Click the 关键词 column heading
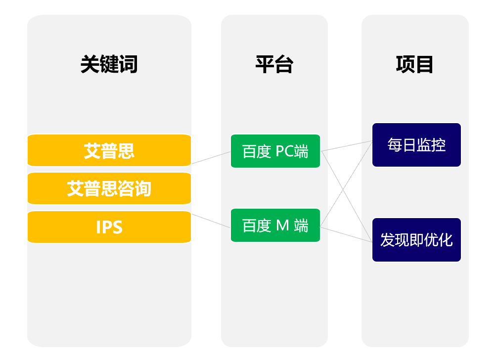(x=109, y=64)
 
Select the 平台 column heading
(x=274, y=64)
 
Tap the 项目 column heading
(x=414, y=64)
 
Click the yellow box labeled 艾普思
(x=109, y=150)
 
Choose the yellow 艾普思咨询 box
(x=109, y=188)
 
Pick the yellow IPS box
(x=109, y=227)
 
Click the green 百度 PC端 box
(x=275, y=151)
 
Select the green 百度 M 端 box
(x=275, y=225)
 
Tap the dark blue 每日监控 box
(x=416, y=145)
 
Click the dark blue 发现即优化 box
(x=416, y=240)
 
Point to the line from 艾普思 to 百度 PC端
(x=211, y=157)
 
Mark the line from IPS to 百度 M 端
(x=211, y=221)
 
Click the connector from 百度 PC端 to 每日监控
(x=347, y=146)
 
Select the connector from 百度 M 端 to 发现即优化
(x=347, y=234)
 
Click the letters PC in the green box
(x=284, y=151)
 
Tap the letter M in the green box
(x=283, y=225)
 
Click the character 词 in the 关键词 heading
(x=128, y=64)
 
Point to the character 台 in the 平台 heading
(x=284, y=64)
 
